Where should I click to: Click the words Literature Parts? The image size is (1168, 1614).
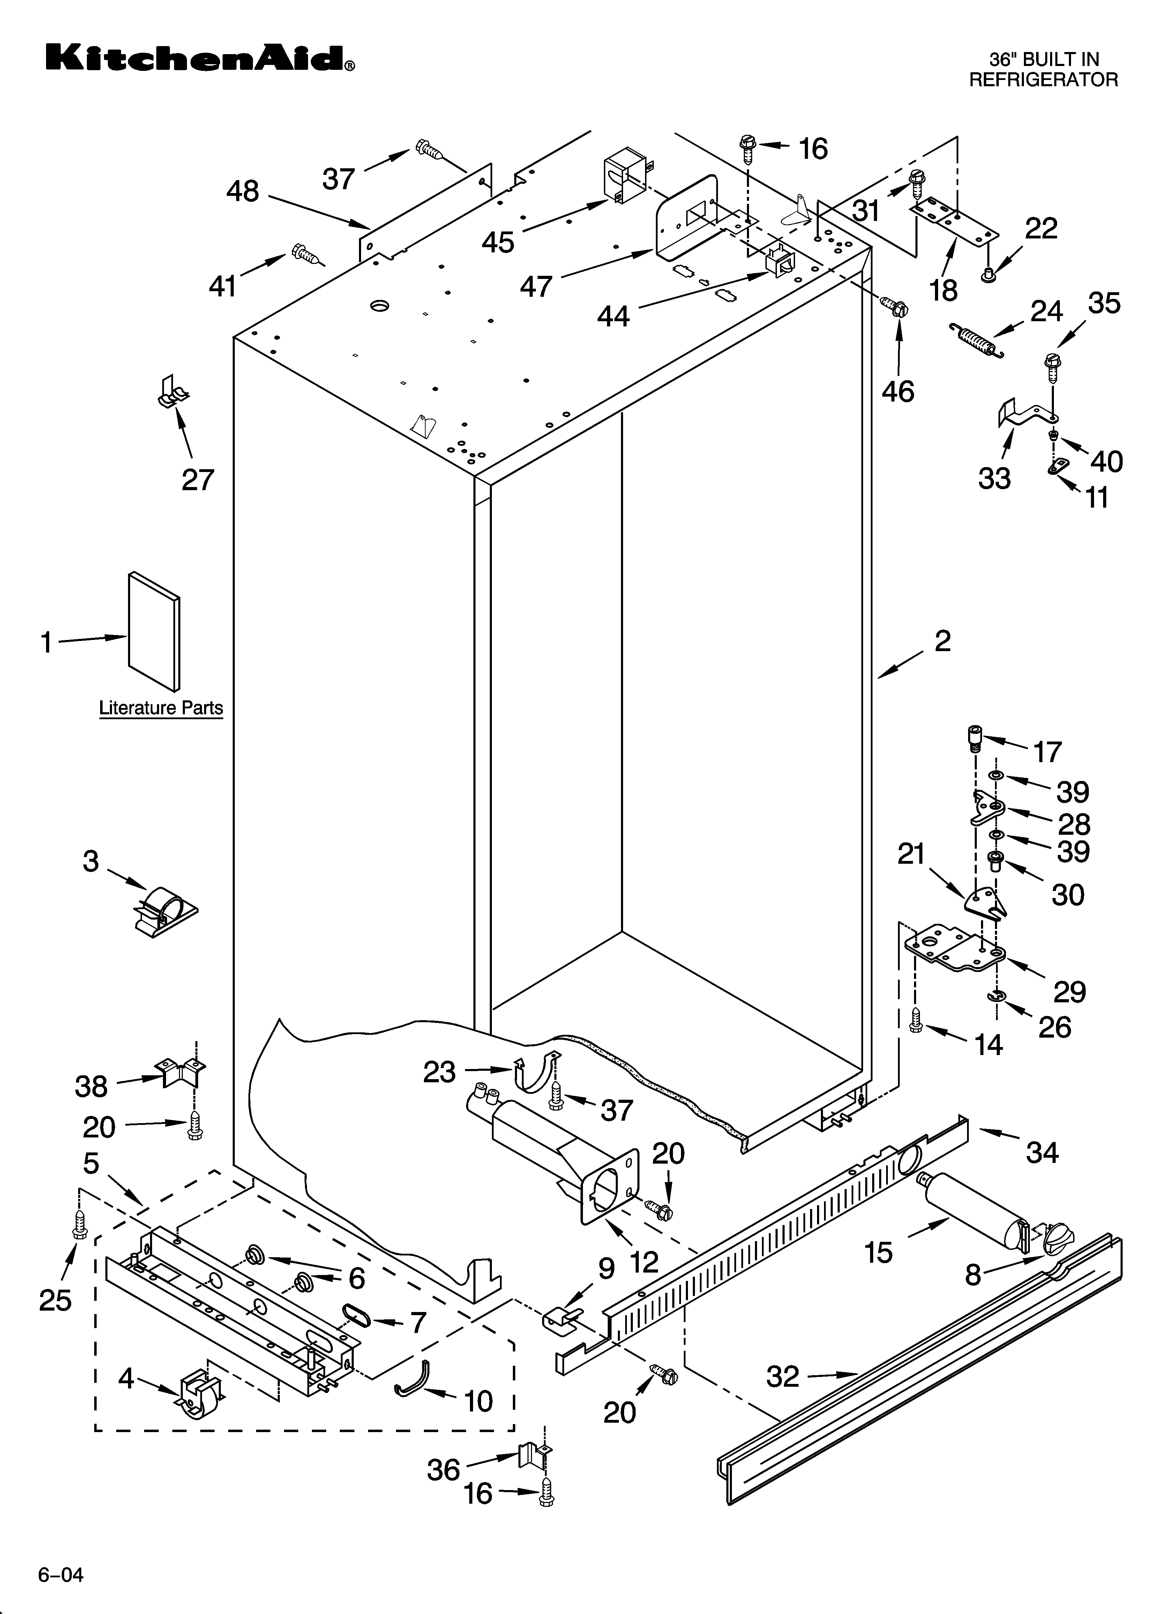tap(161, 708)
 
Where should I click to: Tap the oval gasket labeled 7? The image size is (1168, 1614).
tap(357, 1316)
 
